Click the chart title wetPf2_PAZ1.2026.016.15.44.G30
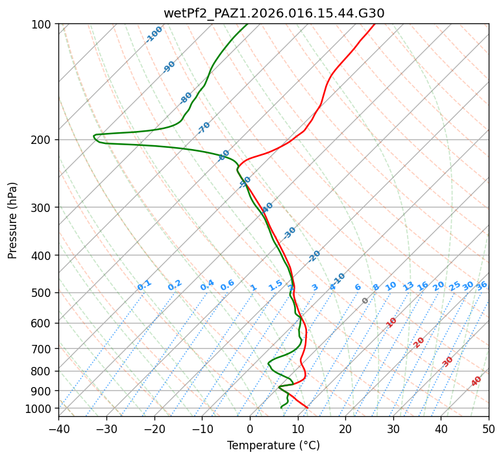pos(273,13)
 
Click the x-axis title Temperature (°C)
pos(273,446)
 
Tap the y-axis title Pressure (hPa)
pos(13,220)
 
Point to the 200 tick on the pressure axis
pos(42,140)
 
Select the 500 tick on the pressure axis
pos(42,293)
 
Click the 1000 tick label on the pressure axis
pos(40,408)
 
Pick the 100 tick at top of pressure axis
pos(42,25)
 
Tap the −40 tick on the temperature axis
pos(58,429)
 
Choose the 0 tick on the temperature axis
pos(250,429)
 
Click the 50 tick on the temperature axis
pos(489,429)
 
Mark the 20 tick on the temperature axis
pos(345,429)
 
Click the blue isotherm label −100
pos(154,34)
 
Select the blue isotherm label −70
pos(204,128)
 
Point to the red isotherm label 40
pos(476,381)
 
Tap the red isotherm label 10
pos(391,322)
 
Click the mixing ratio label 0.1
pos(144,285)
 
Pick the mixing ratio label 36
pos(482,285)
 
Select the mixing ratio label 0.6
pos(227,285)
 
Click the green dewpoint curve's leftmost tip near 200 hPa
pos(94,136)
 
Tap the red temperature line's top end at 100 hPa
pos(374,25)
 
